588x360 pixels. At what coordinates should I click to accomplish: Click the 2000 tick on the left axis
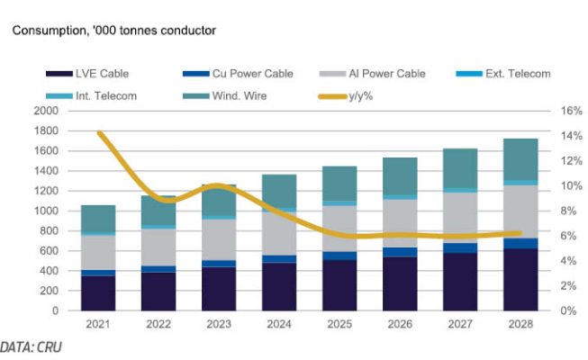pyautogui.click(x=45, y=111)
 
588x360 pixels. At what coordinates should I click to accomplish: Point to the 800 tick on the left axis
pyautogui.click(x=49, y=230)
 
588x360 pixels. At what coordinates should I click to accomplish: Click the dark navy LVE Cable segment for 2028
pyautogui.click(x=520, y=280)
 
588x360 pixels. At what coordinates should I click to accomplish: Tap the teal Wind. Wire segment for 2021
pyautogui.click(x=97, y=218)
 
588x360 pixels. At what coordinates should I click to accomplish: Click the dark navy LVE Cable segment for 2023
pyautogui.click(x=218, y=289)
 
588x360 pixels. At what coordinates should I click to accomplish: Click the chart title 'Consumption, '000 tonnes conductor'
pyautogui.click(x=113, y=30)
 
